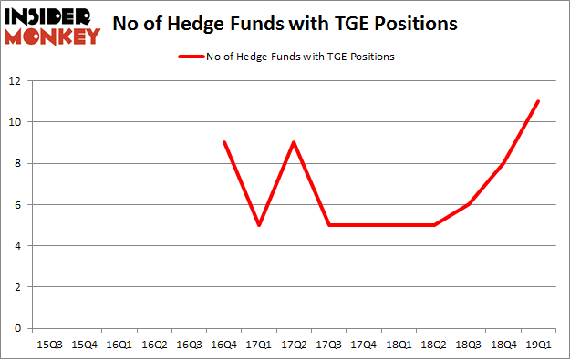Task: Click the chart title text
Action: click(x=285, y=25)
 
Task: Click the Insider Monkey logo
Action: click(x=52, y=25)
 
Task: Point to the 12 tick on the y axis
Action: click(x=16, y=81)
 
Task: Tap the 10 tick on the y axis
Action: click(x=16, y=122)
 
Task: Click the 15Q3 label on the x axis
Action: click(x=50, y=345)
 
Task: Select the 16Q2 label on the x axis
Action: click(x=154, y=345)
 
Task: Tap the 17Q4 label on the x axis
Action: click(x=363, y=345)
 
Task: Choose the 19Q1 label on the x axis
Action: click(x=537, y=345)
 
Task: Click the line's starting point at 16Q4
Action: click(x=224, y=142)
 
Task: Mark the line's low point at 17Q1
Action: click(x=259, y=225)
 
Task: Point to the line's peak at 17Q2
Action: click(x=294, y=142)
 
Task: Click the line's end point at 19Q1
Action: click(x=538, y=101)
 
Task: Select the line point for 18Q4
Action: click(x=503, y=163)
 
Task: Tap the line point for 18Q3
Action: click(x=468, y=204)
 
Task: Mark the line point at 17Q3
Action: click(x=328, y=225)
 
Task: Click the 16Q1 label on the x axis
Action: click(x=119, y=345)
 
